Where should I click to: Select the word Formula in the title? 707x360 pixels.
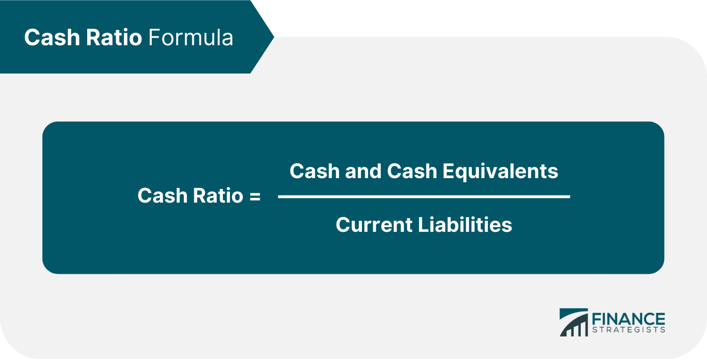click(x=190, y=38)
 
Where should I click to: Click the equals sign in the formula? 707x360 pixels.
click(x=255, y=196)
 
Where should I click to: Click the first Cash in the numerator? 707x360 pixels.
click(x=314, y=171)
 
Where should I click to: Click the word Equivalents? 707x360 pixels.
click(x=501, y=171)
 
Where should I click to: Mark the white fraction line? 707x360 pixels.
click(x=424, y=196)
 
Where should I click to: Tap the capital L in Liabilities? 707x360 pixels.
click(x=422, y=225)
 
